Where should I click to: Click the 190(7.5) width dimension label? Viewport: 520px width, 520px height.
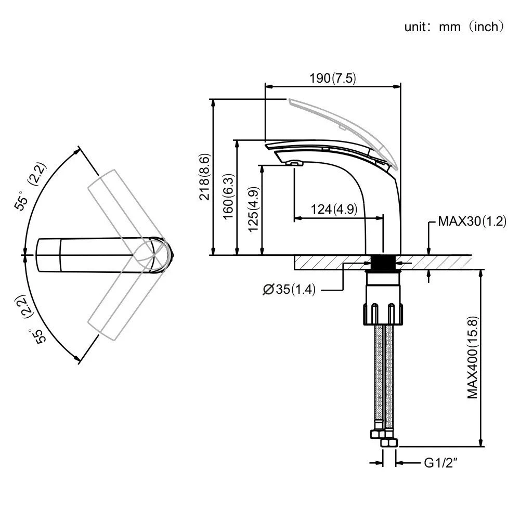tap(333, 78)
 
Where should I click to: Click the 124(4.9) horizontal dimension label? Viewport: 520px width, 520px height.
tap(333, 210)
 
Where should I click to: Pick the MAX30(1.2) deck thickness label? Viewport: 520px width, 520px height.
tap(472, 222)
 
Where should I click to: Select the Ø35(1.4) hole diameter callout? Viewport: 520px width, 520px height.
tap(289, 290)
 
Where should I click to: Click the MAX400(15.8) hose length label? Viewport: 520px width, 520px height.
tap(472, 357)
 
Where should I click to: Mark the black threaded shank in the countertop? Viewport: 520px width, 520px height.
tap(385, 262)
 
